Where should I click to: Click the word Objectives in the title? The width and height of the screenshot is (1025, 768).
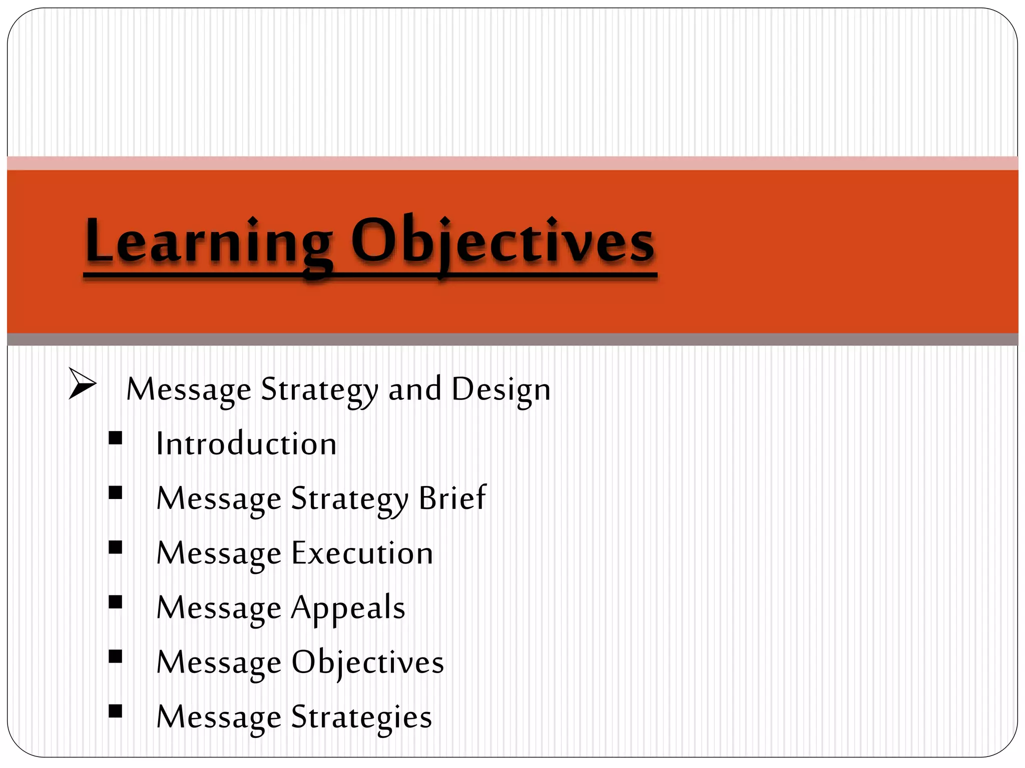pos(502,241)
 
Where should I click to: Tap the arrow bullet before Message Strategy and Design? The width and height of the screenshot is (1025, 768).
pos(82,384)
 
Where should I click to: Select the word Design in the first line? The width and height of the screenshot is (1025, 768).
pos(500,389)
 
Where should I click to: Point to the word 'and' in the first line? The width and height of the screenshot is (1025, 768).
pos(415,389)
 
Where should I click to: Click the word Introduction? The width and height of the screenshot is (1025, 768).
pos(246,444)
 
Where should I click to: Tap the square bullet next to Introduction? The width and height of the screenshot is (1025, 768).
pos(116,438)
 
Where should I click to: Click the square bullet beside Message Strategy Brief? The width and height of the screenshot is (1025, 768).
pos(116,493)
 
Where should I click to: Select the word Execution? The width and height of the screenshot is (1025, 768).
pos(362,553)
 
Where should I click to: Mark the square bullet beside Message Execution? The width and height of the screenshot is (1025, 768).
pos(116,548)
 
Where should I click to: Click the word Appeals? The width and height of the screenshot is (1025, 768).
pos(348,608)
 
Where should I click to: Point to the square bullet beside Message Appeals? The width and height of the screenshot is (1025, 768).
pos(116,602)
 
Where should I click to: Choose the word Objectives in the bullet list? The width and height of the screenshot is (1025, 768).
pos(368,663)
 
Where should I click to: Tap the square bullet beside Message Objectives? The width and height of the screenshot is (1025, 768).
pos(116,656)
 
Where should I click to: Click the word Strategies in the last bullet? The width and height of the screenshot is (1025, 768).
pos(361,717)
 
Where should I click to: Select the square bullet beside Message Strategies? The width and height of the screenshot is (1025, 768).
pos(116,711)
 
